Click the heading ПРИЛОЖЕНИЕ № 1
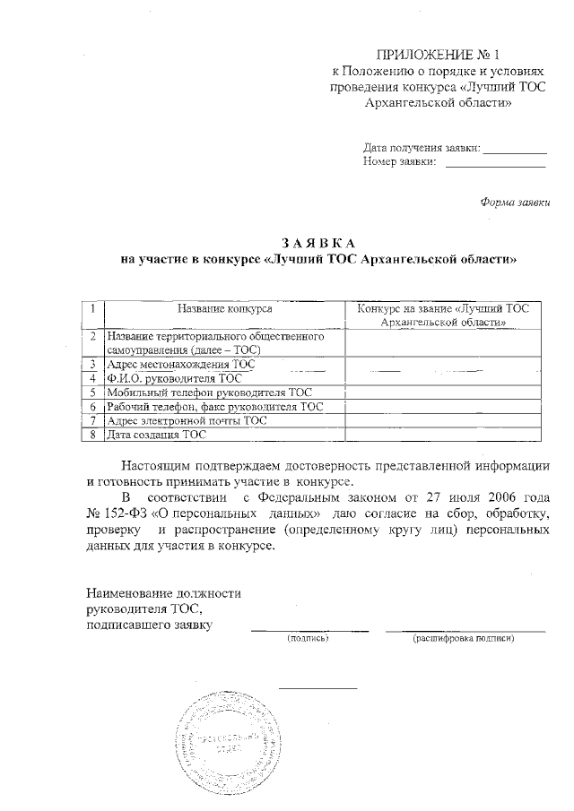pyautogui.click(x=436, y=56)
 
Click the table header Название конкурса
pyautogui.click(x=225, y=308)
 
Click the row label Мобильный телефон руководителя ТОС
pyautogui.click(x=207, y=393)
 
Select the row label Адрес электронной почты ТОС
pyautogui.click(x=186, y=420)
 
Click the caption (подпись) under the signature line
pyautogui.click(x=309, y=639)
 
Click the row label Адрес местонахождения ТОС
pyautogui.click(x=179, y=365)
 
